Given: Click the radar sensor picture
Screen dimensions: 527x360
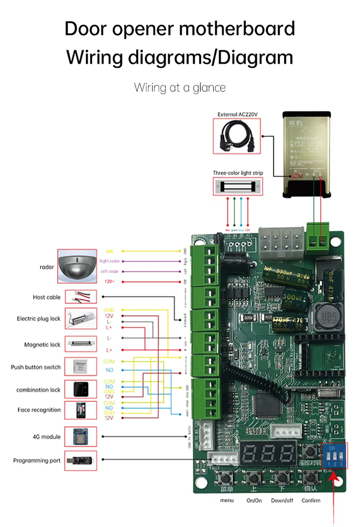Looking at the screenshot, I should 77,266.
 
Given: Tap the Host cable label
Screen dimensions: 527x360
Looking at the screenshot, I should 46,297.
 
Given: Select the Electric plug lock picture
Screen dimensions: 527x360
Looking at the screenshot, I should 81,318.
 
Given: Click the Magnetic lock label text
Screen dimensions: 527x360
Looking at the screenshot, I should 42,345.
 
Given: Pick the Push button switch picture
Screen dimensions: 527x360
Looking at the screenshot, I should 81,367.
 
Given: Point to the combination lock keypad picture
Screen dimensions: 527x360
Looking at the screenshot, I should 81,389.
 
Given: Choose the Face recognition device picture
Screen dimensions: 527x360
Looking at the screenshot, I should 81,410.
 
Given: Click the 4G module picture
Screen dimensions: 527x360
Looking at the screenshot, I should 81,436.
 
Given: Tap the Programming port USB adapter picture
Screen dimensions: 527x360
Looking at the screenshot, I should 81,460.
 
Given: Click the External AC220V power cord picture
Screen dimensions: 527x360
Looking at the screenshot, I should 237,136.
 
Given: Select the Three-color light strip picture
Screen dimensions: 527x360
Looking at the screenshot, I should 238,187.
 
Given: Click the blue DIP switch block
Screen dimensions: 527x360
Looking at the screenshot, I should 334,456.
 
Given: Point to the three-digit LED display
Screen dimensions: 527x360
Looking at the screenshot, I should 268,452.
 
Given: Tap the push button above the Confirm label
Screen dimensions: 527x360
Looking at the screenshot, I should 310,477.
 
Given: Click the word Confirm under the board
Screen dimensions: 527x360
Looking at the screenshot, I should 311,500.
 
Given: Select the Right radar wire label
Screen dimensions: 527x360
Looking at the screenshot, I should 109,261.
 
